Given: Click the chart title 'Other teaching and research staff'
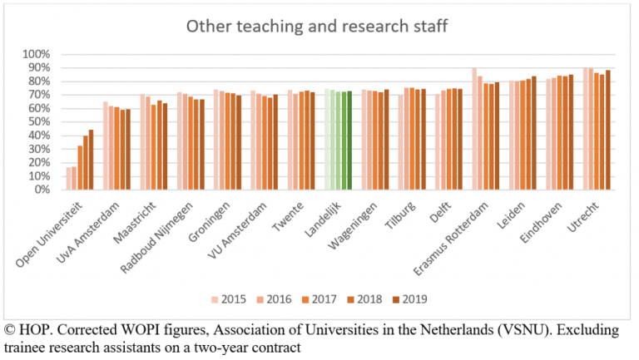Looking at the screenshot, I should (317, 27).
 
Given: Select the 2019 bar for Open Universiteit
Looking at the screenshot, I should (91, 160).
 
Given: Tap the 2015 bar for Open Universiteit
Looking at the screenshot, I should (68, 178).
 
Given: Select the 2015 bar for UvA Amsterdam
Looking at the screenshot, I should (105, 145).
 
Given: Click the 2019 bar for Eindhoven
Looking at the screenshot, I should (572, 132).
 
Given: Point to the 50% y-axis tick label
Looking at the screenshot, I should (38, 122).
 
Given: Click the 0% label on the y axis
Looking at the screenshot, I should (42, 190).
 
